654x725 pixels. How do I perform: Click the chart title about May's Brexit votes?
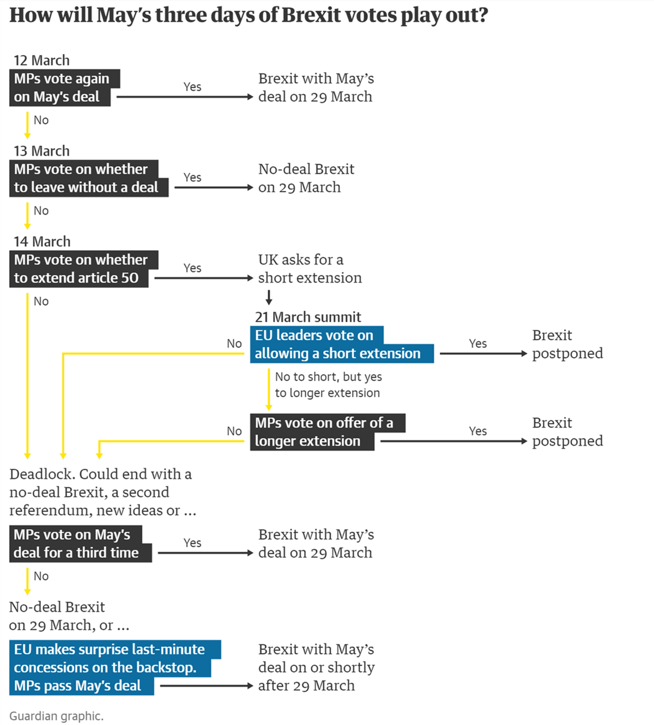(249, 16)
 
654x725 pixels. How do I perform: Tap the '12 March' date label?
(41, 61)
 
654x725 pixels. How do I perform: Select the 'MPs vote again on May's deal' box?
(64, 88)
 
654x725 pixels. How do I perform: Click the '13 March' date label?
(41, 151)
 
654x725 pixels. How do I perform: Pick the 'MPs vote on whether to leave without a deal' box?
(89, 179)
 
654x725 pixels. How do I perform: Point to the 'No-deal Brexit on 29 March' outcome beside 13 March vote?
(306, 178)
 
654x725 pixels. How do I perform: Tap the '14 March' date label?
(42, 241)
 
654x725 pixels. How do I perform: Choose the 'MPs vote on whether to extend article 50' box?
(83, 269)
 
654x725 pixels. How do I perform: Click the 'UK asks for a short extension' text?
(310, 269)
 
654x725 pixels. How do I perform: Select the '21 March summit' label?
(308, 317)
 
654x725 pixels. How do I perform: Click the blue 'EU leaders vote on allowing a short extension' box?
(342, 345)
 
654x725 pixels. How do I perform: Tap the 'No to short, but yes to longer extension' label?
(328, 384)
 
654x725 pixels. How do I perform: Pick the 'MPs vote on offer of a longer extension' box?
(328, 432)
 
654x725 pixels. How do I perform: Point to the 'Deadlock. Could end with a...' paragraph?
(102, 492)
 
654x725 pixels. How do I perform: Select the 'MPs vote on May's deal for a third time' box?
(80, 543)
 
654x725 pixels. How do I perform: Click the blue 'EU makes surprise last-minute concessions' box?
(115, 668)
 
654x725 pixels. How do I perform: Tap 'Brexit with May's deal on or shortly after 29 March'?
(316, 667)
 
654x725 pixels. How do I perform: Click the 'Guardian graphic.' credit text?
(56, 716)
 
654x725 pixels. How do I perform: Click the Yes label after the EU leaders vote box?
(477, 343)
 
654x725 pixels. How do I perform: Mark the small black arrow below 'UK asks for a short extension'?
(269, 297)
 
